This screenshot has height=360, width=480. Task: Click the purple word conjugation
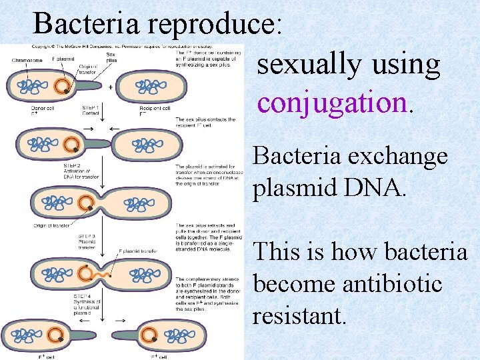[x=331, y=103]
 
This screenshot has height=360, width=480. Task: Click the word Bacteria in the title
[x=87, y=24]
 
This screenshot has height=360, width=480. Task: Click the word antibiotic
[x=391, y=284]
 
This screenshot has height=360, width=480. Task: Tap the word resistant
[x=299, y=315]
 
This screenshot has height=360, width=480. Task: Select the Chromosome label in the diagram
[x=27, y=60]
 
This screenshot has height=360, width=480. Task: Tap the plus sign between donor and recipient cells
[x=111, y=87]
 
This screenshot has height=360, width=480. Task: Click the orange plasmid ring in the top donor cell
[x=62, y=85]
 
